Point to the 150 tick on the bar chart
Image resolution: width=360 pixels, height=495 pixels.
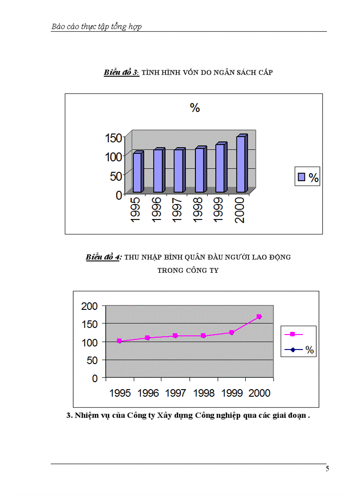pos(113,138)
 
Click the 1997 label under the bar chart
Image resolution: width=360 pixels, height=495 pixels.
pos(177,209)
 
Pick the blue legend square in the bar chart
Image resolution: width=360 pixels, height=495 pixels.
pos(302,177)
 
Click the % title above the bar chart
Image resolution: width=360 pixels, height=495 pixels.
pos(195,108)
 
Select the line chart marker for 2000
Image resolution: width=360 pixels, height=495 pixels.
pos(259,316)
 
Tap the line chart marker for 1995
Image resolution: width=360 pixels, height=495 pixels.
pos(119,341)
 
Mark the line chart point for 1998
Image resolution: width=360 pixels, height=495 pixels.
pos(203,336)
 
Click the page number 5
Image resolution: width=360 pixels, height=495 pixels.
pos(327,469)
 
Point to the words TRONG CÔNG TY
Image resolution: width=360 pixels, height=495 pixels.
pos(188,270)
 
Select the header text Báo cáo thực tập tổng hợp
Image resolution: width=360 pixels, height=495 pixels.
pos(96,27)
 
